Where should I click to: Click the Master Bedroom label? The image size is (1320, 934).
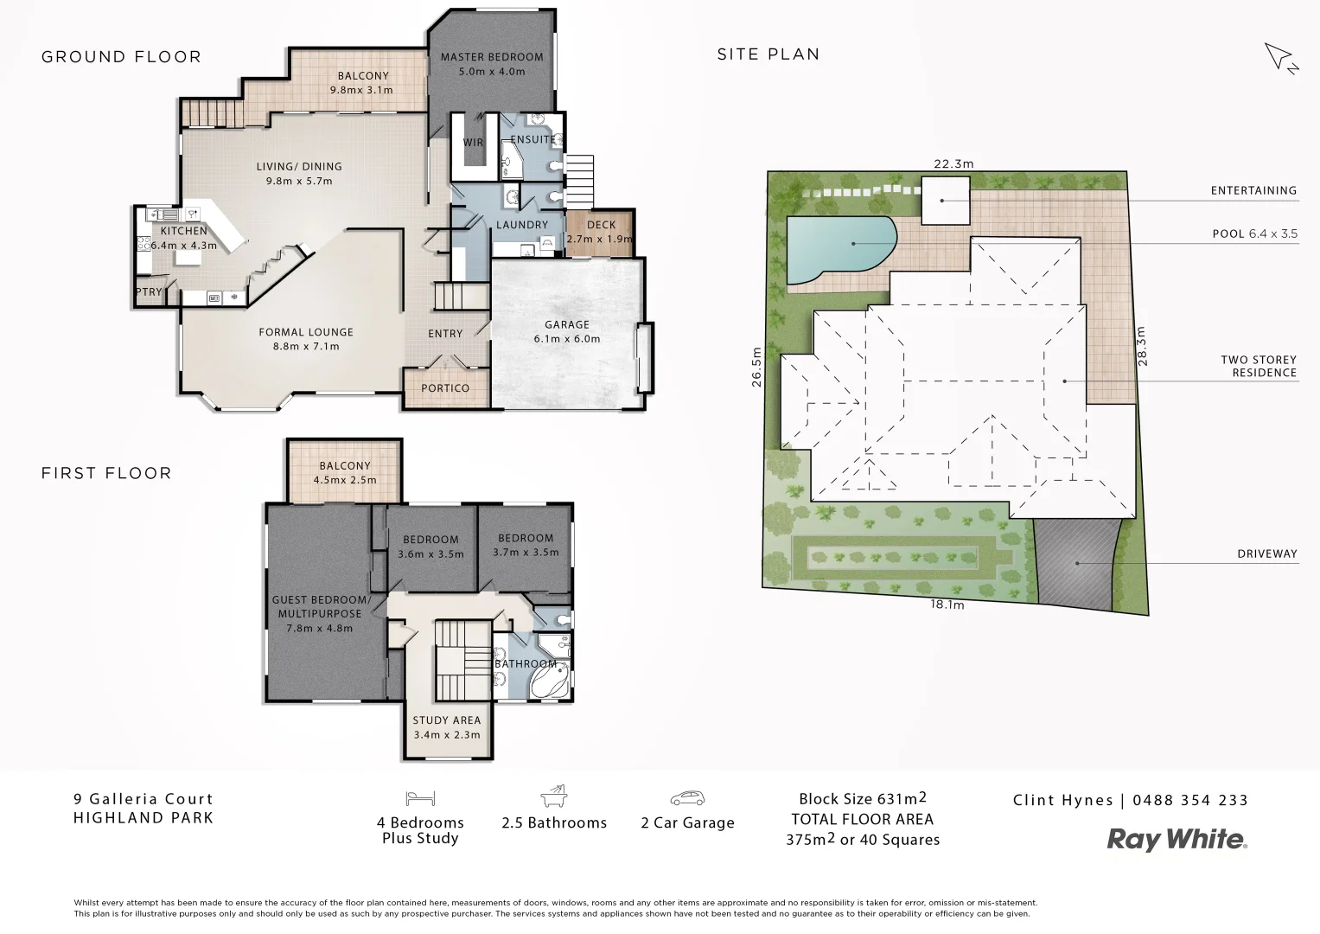point(492,57)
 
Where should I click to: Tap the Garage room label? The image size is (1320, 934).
point(566,324)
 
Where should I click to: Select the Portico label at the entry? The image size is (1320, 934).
point(445,388)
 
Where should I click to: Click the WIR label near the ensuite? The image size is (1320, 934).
point(473,143)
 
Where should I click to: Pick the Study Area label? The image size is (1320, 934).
point(446,720)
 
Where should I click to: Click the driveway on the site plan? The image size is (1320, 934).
point(1076,563)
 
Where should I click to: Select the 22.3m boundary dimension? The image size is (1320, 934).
point(953,163)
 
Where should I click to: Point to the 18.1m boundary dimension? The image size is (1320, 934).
point(947,605)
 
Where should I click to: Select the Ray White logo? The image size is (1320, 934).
point(1177,839)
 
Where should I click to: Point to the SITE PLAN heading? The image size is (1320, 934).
point(768,54)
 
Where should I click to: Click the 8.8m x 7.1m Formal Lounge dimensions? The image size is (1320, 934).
point(306,346)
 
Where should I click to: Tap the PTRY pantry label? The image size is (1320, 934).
point(149,292)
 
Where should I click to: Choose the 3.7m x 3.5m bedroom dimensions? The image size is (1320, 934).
point(526,552)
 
